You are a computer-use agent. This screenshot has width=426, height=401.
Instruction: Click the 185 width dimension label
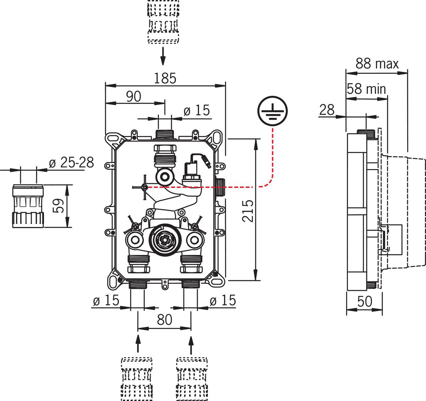[x=165, y=78]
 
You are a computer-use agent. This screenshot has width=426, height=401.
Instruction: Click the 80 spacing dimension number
[x=164, y=320]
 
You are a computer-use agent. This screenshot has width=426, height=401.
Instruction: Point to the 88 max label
[x=377, y=64]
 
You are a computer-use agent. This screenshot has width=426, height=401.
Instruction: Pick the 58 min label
[x=366, y=88]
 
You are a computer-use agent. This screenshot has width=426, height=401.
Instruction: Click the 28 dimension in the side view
[x=327, y=110]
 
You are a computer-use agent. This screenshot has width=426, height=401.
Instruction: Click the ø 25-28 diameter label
[x=71, y=163]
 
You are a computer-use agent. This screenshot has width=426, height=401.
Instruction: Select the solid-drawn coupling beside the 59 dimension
[x=28, y=206]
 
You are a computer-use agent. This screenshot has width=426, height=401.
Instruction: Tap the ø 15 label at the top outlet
[x=197, y=111]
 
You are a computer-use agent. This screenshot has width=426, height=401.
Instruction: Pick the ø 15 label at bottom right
[x=223, y=301]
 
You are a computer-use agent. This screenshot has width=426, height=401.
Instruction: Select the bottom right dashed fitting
[x=192, y=378]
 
